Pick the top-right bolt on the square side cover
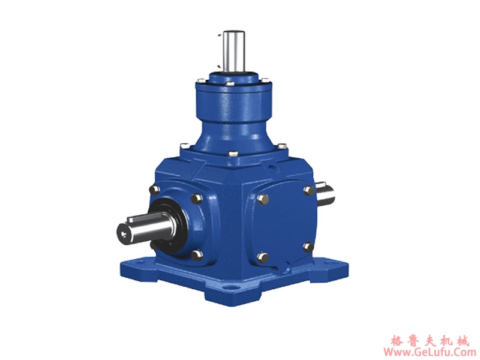[x=308, y=191]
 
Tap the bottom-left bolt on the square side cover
[x=263, y=257]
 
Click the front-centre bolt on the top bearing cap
[x=229, y=85]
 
